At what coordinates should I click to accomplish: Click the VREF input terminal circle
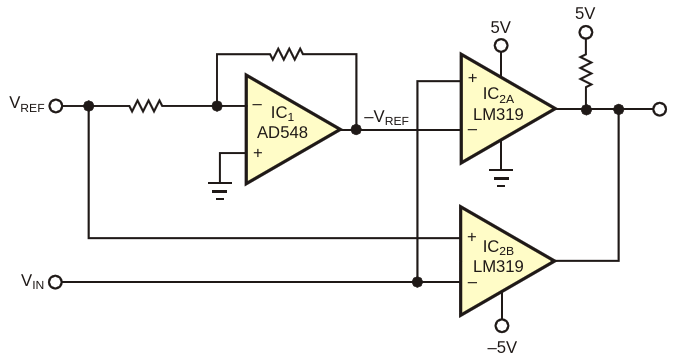[x=56, y=106]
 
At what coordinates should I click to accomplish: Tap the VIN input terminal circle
[x=56, y=282]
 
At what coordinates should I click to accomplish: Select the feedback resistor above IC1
[x=286, y=54]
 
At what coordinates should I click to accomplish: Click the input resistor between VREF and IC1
[x=146, y=106]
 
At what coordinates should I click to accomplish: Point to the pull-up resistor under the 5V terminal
[x=586, y=71]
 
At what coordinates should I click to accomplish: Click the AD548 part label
[x=282, y=132]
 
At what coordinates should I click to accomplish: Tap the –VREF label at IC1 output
[x=386, y=117]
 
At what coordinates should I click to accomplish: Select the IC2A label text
[x=498, y=95]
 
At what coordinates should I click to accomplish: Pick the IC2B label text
[x=498, y=248]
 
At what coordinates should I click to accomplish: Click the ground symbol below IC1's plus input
[x=220, y=191]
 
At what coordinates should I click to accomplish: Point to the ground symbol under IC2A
[x=501, y=178]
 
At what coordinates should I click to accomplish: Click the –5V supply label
[x=502, y=347]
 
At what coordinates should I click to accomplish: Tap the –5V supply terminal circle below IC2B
[x=502, y=326]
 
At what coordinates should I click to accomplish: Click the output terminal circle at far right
[x=660, y=109]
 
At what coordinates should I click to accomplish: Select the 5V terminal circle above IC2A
[x=501, y=46]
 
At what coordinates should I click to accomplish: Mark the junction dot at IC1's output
[x=356, y=129]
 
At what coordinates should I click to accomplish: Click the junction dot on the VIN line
[x=417, y=282]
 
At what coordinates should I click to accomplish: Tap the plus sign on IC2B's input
[x=472, y=237]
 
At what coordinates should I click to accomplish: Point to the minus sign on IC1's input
[x=257, y=105]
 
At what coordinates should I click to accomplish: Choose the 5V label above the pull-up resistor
[x=585, y=13]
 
